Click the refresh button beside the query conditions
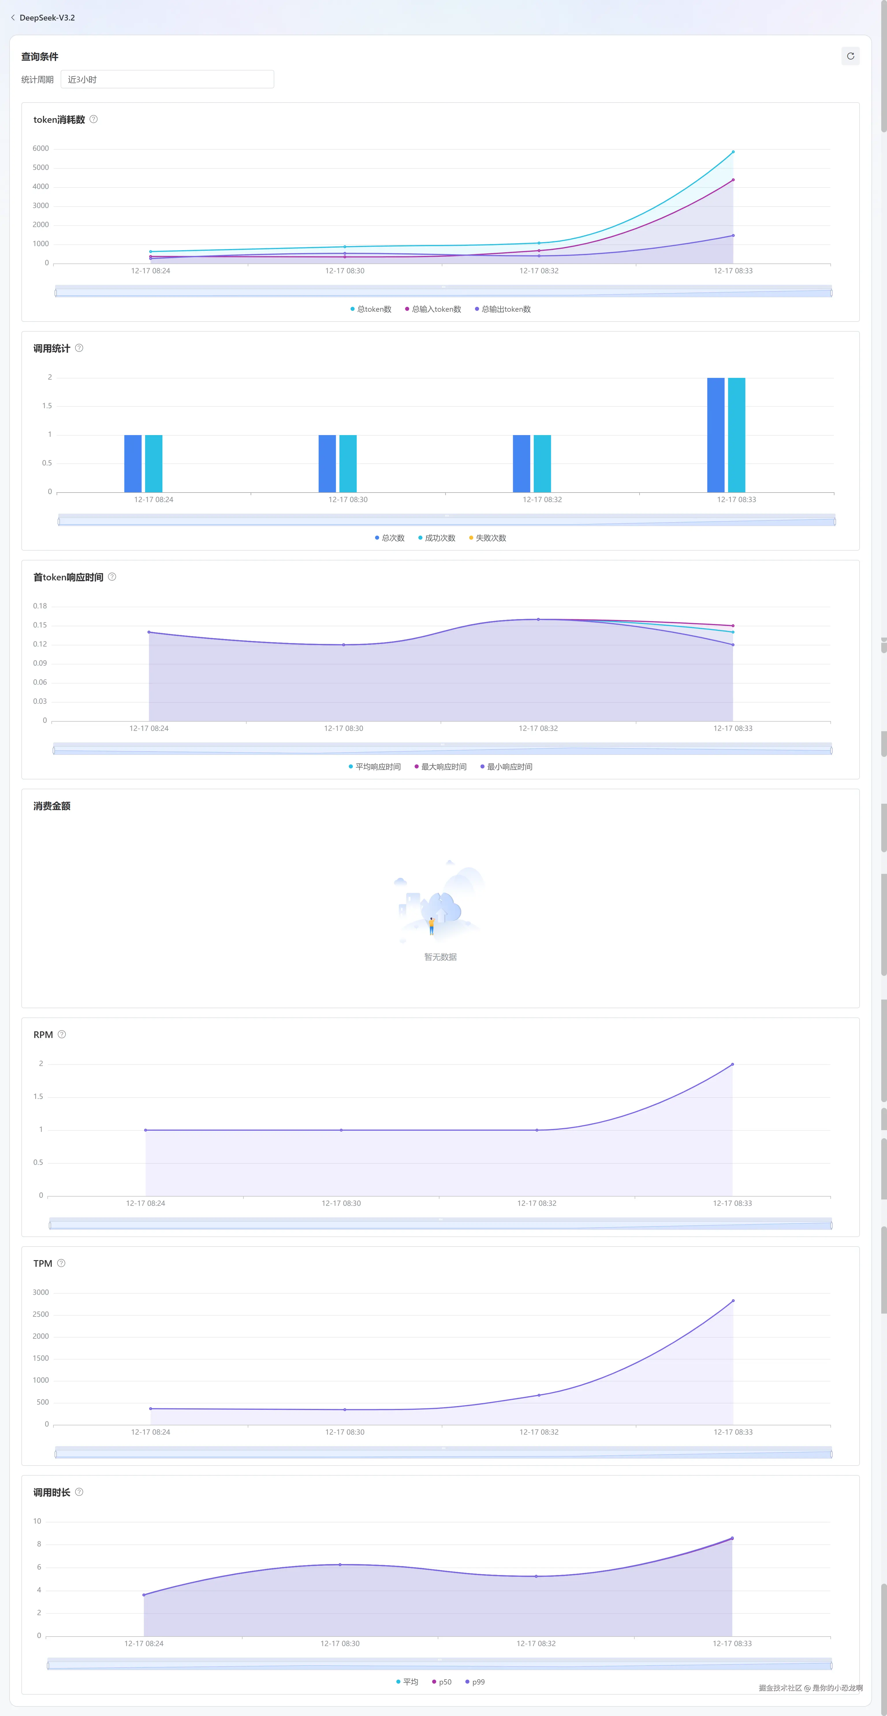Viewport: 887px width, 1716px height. click(x=850, y=56)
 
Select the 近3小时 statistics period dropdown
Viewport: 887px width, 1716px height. click(x=167, y=79)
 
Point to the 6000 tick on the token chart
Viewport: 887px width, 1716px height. click(x=41, y=148)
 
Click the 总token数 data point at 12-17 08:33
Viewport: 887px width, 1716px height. click(x=733, y=152)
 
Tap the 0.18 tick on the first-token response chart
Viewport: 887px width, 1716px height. click(x=40, y=606)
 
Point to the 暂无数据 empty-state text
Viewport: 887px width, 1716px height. click(x=441, y=957)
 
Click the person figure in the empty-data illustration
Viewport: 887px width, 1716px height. click(x=431, y=925)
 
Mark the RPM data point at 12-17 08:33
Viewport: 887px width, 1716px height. click(x=733, y=1065)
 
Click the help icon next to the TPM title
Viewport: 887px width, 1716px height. click(x=61, y=1263)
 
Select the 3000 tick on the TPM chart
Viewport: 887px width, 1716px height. click(x=41, y=1292)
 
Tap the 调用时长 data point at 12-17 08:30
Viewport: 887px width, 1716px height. click(x=340, y=1565)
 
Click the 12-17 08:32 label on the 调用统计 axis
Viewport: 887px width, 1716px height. click(x=542, y=499)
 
